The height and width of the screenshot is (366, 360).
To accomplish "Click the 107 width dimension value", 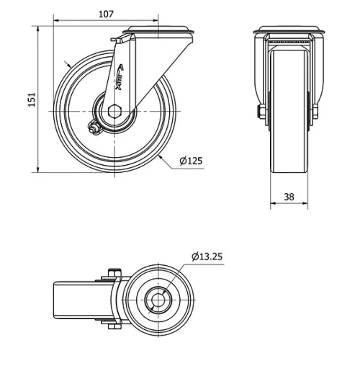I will pos(106,13).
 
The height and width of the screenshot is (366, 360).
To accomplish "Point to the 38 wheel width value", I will pos(288,196).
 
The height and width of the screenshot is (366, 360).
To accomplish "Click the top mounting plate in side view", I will pos(158,32).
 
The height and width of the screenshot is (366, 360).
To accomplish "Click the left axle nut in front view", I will pos(258,112).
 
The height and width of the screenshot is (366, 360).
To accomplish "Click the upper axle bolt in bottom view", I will pos(112,274).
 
